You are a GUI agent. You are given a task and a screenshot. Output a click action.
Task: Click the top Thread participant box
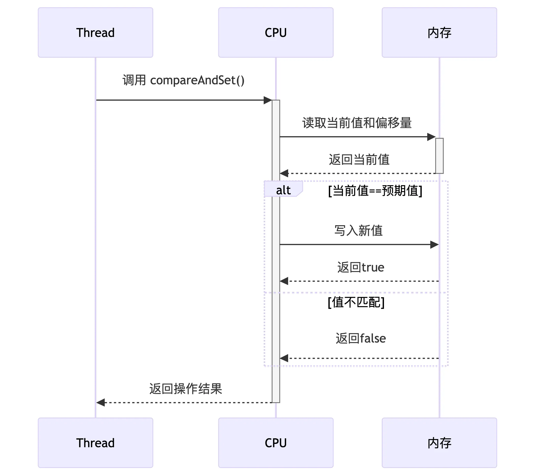(95, 32)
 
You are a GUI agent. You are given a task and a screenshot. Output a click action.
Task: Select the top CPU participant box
(276, 32)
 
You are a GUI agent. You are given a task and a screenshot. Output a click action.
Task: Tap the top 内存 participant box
(439, 32)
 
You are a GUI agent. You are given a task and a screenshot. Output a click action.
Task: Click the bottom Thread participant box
(95, 443)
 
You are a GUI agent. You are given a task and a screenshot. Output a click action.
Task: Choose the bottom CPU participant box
(276, 443)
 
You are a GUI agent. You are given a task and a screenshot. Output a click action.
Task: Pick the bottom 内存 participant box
(439, 443)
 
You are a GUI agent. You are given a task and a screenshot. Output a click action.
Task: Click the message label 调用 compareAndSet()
(183, 80)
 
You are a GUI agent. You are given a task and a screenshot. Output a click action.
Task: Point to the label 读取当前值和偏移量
(357, 123)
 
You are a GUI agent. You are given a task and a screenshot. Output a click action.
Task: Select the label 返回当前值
(359, 159)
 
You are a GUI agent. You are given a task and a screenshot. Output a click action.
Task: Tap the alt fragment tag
(283, 190)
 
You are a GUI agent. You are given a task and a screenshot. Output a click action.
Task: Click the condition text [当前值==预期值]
(375, 191)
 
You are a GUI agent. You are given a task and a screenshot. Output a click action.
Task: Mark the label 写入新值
(359, 230)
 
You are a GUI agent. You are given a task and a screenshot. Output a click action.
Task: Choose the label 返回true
(361, 267)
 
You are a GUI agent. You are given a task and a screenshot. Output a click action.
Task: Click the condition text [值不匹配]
(356, 302)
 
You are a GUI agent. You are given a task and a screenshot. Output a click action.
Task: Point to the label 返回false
(361, 338)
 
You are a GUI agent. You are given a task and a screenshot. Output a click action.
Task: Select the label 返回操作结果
(185, 389)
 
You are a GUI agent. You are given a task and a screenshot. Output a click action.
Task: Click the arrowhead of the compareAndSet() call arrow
(268, 100)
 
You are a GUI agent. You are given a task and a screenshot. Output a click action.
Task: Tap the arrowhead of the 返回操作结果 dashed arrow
(101, 402)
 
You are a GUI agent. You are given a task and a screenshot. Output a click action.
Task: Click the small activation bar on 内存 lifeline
(439, 156)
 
